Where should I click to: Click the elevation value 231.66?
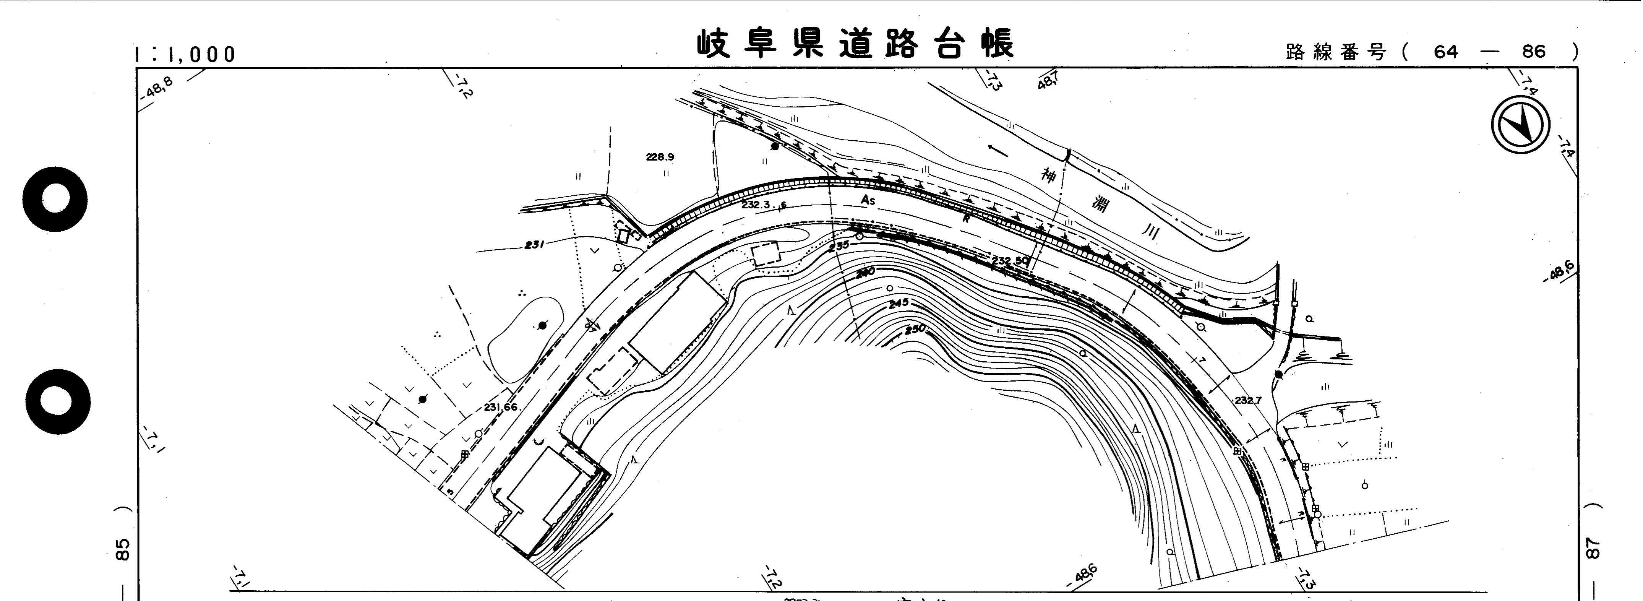500,408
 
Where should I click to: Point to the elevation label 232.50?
1010,260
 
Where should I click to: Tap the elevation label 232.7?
1247,401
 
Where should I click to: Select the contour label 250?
915,330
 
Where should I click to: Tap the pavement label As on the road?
868,200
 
